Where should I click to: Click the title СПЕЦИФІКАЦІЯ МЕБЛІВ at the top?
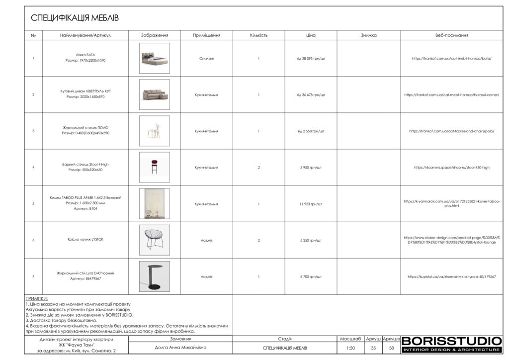(75, 18)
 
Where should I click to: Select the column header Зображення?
(155, 36)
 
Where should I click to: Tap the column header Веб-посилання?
(451, 36)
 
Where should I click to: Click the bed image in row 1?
(155, 58)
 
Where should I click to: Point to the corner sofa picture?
(155, 94)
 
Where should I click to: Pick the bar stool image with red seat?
(155, 168)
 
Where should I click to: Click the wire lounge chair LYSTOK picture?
(155, 240)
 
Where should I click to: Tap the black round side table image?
(155, 276)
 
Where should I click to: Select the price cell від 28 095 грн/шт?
(311, 58)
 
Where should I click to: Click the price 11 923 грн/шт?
(311, 204)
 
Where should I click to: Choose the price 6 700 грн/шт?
(311, 276)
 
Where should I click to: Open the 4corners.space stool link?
(451, 168)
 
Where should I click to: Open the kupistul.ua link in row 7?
(451, 276)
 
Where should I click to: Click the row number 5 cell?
(33, 204)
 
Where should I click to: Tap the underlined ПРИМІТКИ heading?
(36, 298)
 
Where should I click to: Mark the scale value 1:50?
(351, 348)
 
